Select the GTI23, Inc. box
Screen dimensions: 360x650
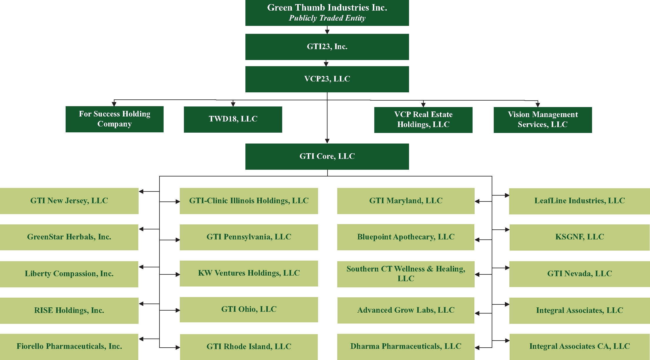327,47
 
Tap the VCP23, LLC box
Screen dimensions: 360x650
327,79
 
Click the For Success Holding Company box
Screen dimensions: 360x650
114,119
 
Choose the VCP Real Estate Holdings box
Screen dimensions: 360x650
423,120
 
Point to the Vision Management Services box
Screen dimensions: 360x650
543,120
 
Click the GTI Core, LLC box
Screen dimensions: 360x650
327,156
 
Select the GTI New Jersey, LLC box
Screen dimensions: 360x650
69,201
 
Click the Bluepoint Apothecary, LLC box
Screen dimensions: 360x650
406,237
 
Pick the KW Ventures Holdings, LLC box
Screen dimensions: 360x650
249,273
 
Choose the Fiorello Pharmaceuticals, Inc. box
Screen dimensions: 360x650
69,346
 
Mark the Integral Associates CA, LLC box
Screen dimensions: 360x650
579,346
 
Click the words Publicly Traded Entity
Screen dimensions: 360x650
327,18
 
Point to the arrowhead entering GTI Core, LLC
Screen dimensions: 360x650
327,141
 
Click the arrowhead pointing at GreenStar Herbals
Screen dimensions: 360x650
141,229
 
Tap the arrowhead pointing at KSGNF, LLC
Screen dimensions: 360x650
507,230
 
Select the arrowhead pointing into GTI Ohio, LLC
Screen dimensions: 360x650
177,310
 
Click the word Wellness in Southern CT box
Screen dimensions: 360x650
409,269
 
